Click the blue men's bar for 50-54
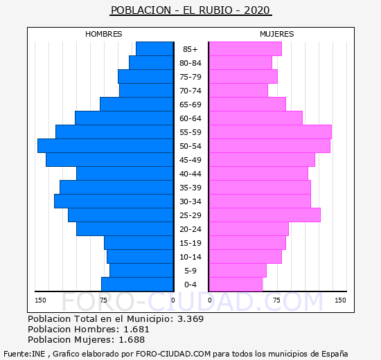[x=105, y=146]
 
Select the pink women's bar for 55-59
[x=270, y=132]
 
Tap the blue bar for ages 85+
[x=154, y=49]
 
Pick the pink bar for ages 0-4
[x=236, y=285]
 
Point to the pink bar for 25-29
[x=265, y=215]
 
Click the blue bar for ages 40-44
[x=125, y=174]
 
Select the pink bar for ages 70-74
[x=238, y=91]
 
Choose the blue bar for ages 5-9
[x=141, y=271]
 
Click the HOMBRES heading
[x=103, y=34]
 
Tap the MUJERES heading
[x=277, y=34]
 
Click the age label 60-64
[x=190, y=118]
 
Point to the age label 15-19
[x=190, y=243]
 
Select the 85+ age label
[x=190, y=49]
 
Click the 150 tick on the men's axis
[x=40, y=300]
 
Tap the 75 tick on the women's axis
[x=276, y=300]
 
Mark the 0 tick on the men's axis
[x=172, y=300]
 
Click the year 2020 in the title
[x=257, y=10]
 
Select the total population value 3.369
[x=190, y=318]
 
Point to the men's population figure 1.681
[x=136, y=329]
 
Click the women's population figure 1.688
[x=132, y=340]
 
